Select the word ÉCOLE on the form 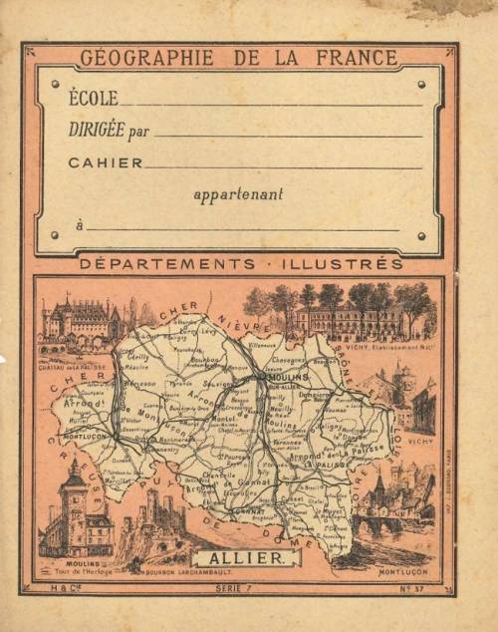[x=94, y=99]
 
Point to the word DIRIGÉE [x=98, y=130]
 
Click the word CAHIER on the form [x=106, y=162]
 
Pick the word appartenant [x=238, y=194]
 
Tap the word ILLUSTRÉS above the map [x=352, y=264]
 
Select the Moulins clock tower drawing [x=76, y=513]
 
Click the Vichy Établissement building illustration [x=349, y=317]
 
